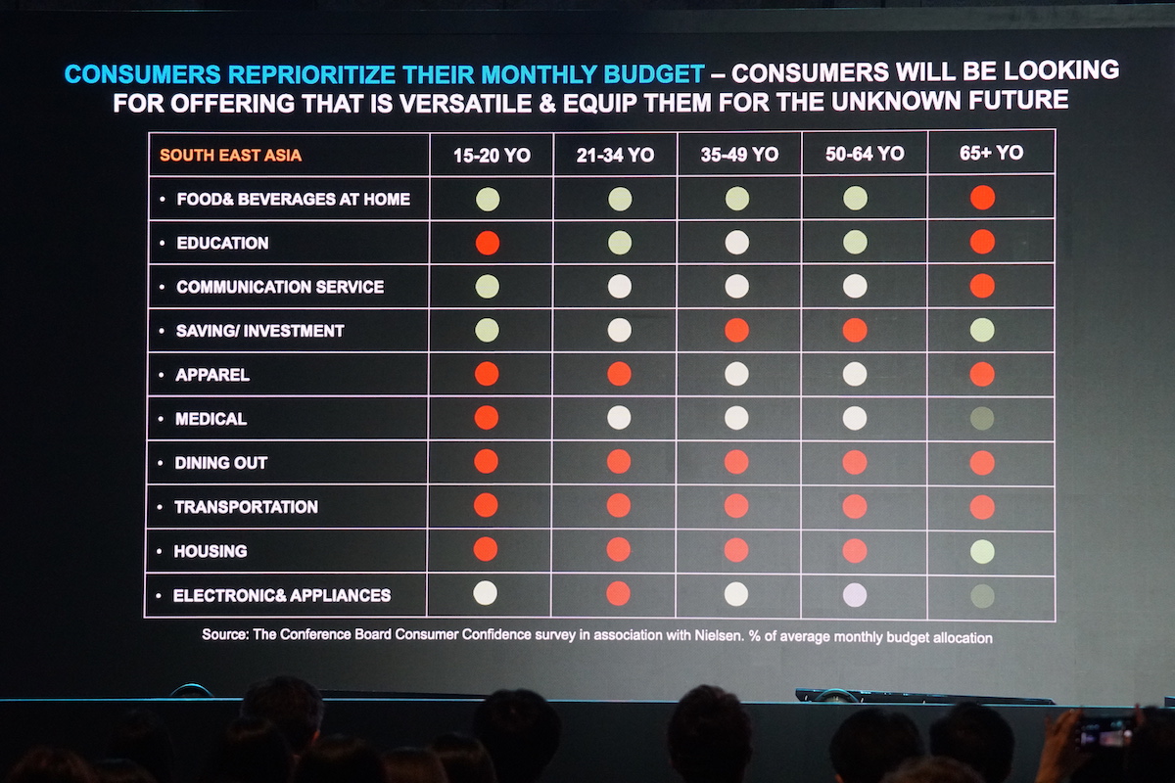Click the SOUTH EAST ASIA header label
(x=230, y=155)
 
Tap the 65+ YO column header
(x=991, y=153)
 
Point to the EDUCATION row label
(x=222, y=243)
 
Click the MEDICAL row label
(x=211, y=419)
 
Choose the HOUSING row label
(x=211, y=551)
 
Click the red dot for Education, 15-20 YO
(x=487, y=243)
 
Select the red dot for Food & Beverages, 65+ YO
(x=982, y=198)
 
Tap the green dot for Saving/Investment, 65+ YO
(x=982, y=330)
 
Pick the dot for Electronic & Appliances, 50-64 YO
(x=855, y=594)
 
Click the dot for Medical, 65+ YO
(x=982, y=419)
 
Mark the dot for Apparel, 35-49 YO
(x=736, y=374)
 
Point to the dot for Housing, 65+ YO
(x=982, y=551)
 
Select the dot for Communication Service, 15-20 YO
(x=487, y=287)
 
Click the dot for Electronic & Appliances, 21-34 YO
(x=619, y=593)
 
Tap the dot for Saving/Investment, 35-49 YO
(x=736, y=331)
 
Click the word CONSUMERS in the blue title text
(x=129, y=73)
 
